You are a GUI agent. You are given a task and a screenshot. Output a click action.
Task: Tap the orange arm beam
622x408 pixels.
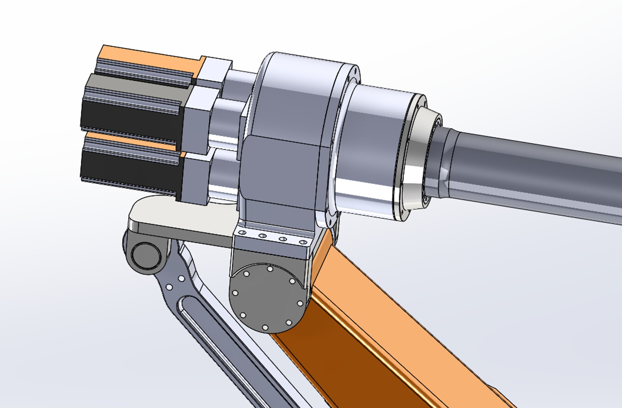pyautogui.click(x=378, y=340)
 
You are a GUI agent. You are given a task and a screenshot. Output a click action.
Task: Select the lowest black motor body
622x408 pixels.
pyautogui.click(x=129, y=166)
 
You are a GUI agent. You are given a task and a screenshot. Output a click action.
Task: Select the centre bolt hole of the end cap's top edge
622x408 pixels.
pyautogui.click(x=270, y=269)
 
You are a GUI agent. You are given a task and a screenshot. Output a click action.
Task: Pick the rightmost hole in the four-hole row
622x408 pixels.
pyautogui.click(x=302, y=242)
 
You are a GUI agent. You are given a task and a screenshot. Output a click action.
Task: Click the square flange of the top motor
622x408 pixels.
pyautogui.click(x=214, y=72)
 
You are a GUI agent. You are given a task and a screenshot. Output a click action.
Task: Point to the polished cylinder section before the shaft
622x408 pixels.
pyautogui.click(x=374, y=151)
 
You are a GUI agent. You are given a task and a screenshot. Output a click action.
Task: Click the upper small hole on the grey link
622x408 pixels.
pyautogui.click(x=181, y=279)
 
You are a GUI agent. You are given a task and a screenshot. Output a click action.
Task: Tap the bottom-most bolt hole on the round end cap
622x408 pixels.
pyautogui.click(x=265, y=327)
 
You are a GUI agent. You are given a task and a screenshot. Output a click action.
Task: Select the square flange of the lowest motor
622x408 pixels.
pyautogui.click(x=195, y=178)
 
